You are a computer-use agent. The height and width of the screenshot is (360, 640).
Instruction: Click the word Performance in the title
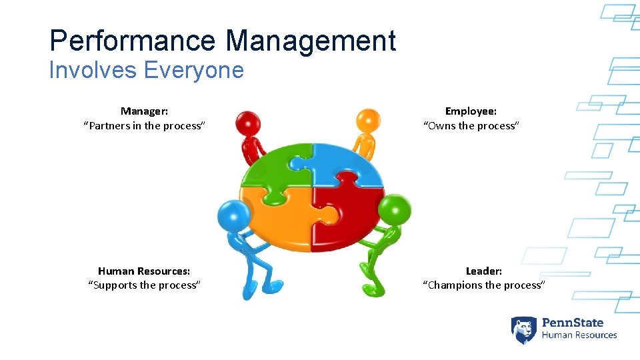point(133,41)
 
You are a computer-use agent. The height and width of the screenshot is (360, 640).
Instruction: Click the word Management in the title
point(311,41)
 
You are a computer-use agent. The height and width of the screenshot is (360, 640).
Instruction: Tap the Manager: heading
point(144,111)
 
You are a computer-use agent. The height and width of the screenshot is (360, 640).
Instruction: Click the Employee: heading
point(471,111)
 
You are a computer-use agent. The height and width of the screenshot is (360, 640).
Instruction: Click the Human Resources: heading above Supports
point(144,271)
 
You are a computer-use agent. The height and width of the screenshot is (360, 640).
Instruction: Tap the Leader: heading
point(484,271)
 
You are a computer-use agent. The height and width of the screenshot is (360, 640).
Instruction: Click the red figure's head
point(249,123)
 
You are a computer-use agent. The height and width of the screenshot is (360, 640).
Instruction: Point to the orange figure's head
point(368,121)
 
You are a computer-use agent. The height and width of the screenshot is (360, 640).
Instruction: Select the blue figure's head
point(233,215)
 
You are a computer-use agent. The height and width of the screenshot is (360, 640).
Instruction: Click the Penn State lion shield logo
point(524,329)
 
